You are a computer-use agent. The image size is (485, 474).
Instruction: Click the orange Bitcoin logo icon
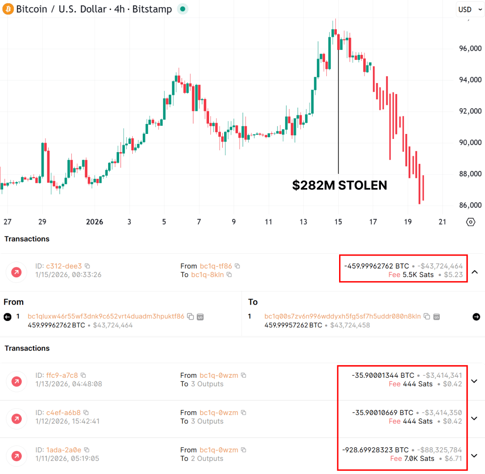click(8, 9)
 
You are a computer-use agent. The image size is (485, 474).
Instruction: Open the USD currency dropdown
click(470, 10)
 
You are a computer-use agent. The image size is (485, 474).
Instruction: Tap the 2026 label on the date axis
click(95, 222)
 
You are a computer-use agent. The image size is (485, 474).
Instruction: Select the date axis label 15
click(338, 222)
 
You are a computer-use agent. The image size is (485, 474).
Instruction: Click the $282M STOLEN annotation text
click(340, 185)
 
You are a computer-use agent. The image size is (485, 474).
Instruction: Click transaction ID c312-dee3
click(64, 266)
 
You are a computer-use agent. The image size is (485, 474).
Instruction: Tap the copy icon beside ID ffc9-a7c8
click(83, 375)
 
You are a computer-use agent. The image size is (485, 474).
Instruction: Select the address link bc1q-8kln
click(207, 275)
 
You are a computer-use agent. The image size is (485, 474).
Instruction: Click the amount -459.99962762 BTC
click(376, 266)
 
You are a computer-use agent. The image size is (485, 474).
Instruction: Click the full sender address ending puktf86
click(106, 316)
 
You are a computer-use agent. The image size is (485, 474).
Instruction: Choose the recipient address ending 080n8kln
click(342, 316)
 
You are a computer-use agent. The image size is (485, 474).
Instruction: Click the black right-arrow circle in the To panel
click(476, 317)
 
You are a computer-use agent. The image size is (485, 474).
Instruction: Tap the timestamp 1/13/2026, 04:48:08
click(69, 384)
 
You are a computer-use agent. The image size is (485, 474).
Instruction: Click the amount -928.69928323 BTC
click(375, 450)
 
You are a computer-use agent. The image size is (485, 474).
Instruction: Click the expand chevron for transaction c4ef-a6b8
click(474, 418)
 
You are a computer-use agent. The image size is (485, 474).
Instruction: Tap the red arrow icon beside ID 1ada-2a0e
click(16, 455)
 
